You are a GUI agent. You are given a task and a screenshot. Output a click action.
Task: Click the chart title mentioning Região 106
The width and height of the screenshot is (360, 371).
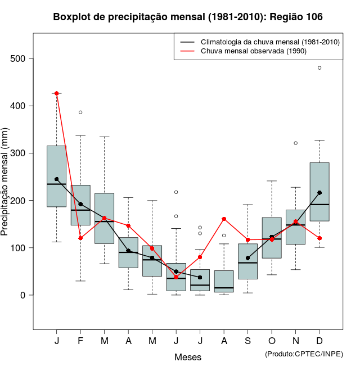tap(188, 17)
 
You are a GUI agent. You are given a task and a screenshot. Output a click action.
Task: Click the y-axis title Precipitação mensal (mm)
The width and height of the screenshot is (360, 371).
tap(6, 188)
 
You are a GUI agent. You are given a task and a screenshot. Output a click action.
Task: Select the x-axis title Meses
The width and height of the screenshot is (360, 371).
tap(187, 357)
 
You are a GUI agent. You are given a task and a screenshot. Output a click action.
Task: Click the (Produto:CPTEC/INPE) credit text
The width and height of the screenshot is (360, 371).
tap(304, 353)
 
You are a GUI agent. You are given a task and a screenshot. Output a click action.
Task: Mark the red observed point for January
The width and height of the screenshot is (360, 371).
tap(56, 93)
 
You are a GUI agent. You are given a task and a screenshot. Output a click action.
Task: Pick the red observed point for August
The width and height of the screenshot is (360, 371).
tap(224, 219)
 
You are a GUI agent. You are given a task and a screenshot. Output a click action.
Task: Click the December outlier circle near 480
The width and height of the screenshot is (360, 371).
tap(319, 67)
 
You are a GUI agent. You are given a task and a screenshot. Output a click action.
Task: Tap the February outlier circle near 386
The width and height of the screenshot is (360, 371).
tap(80, 112)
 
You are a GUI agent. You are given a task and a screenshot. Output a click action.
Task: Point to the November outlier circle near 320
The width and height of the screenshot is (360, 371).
tap(296, 143)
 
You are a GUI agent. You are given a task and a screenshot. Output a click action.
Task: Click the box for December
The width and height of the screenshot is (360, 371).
tap(319, 191)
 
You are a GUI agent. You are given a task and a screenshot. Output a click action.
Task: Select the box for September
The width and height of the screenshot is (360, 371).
tap(247, 261)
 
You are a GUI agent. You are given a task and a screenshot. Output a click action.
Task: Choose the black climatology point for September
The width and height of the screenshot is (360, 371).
tap(247, 258)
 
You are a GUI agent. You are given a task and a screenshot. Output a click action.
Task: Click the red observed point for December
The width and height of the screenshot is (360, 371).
tap(319, 238)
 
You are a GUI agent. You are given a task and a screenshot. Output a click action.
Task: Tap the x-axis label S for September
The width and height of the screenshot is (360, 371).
tap(247, 341)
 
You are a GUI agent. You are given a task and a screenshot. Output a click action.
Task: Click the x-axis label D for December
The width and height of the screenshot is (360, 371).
tap(319, 341)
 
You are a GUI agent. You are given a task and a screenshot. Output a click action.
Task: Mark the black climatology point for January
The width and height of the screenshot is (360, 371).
tap(56, 179)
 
